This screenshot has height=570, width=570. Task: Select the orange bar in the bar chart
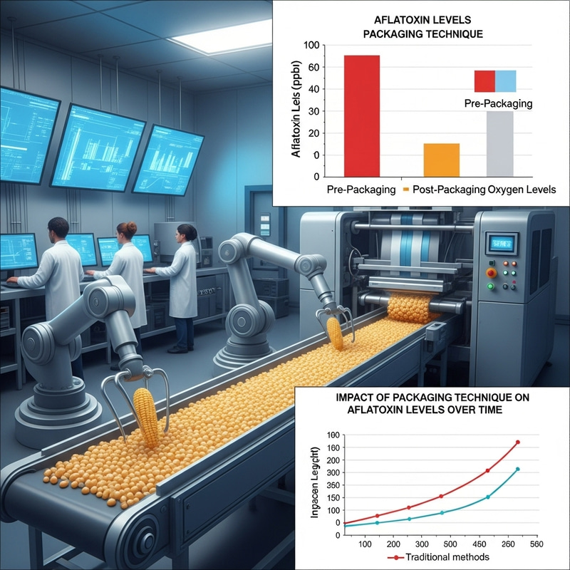coord(441,159)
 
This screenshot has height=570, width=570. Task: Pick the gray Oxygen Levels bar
coord(500,142)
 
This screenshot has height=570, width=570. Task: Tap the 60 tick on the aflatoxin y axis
coord(311,88)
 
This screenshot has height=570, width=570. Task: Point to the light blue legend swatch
coord(506,81)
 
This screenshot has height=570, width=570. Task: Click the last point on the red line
coord(518,442)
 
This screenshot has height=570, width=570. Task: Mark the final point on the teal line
coord(518,469)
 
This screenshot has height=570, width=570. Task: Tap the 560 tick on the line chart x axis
coord(537,544)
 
